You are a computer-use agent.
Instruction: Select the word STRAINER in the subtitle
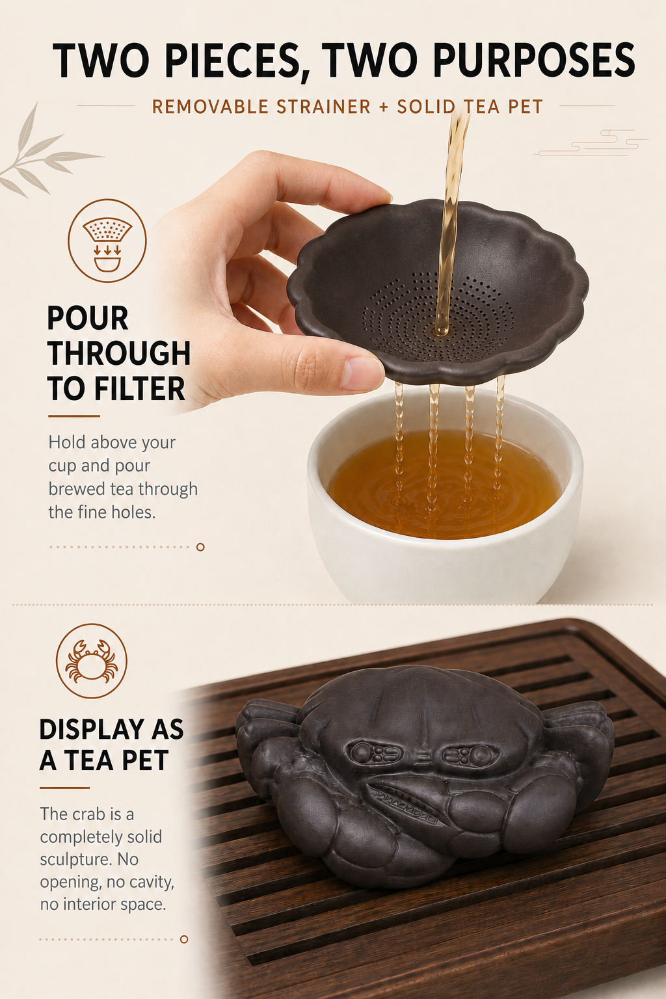[324, 107]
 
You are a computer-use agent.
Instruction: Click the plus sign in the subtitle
[384, 107]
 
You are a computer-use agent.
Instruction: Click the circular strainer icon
[107, 241]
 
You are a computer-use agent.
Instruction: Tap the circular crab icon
[92, 661]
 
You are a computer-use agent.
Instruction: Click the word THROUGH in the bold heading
[119, 353]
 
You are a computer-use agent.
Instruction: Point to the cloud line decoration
[591, 142]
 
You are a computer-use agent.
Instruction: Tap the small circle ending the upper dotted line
[200, 547]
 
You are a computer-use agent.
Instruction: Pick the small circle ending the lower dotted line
[184, 939]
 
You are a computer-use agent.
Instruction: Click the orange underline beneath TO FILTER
[73, 416]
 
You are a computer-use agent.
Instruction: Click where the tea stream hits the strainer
[442, 330]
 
